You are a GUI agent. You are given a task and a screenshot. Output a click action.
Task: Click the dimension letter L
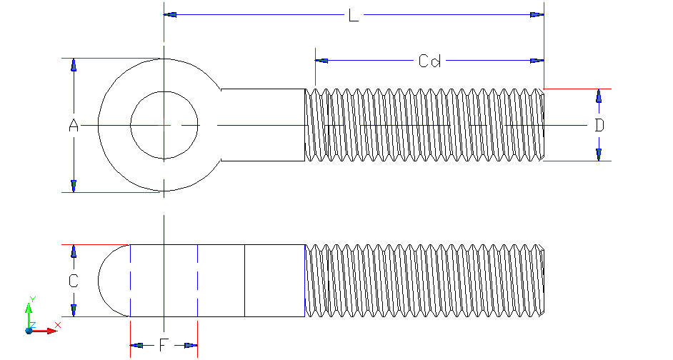tap(353, 16)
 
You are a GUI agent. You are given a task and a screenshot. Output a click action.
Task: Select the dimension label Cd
tap(429, 61)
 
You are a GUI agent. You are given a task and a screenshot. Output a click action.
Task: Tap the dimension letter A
tap(73, 126)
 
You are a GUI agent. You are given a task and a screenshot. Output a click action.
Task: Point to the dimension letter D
tap(599, 126)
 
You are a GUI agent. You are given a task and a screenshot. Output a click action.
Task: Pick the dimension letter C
tap(73, 281)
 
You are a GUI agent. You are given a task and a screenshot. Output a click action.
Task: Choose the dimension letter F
tap(164, 346)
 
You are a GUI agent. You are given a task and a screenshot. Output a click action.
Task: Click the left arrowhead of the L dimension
tap(170, 14)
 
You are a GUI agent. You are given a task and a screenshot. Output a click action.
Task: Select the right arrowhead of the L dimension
tap(537, 14)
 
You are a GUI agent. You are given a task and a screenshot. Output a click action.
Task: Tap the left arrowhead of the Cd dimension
tap(322, 61)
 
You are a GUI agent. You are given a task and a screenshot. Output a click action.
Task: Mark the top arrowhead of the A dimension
tap(73, 65)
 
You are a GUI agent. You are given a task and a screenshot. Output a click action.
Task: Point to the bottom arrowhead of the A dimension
tap(73, 186)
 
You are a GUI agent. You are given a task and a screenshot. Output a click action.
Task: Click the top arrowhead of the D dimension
tap(599, 96)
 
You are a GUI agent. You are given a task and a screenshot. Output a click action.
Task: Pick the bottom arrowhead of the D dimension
tap(599, 154)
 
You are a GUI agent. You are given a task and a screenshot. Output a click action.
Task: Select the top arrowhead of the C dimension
tap(73, 251)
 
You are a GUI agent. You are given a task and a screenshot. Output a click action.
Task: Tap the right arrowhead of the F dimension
tap(190, 346)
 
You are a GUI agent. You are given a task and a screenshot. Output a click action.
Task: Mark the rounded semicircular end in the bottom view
tap(113, 281)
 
